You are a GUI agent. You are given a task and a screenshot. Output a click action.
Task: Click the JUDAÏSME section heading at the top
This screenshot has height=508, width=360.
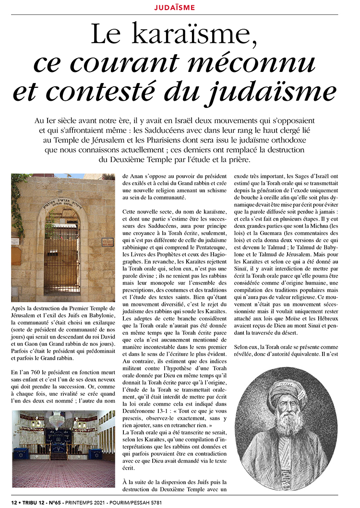tap(181, 7)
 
